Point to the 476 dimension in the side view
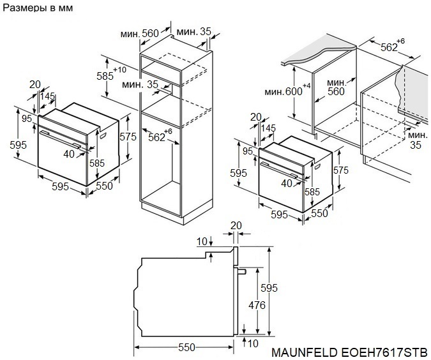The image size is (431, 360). [x=256, y=305]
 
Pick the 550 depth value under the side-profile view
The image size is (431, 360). [x=186, y=347]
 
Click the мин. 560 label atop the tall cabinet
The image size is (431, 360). [x=141, y=33]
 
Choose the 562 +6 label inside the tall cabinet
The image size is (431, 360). [x=156, y=136]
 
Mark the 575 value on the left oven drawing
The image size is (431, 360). [x=128, y=137]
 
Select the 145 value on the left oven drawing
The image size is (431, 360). [x=47, y=96]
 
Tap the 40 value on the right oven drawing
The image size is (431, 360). [x=287, y=183]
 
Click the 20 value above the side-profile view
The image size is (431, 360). [x=236, y=225]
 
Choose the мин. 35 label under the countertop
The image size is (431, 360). [x=416, y=140]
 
